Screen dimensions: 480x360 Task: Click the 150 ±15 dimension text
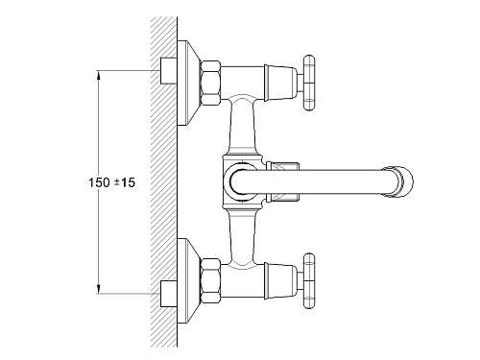point(112,182)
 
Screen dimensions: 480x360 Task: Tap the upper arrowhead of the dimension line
point(99,74)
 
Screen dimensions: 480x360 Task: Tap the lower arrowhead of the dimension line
point(99,290)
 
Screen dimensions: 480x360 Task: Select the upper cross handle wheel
point(309,83)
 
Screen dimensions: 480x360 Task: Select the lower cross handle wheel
point(309,280)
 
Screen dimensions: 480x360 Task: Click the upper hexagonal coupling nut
point(210,83)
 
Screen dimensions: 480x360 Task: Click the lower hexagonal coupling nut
point(210,280)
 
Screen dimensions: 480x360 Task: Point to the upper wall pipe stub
point(169,71)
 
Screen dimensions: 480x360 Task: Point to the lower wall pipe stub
point(169,294)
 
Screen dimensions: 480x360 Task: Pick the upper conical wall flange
point(189,83)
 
